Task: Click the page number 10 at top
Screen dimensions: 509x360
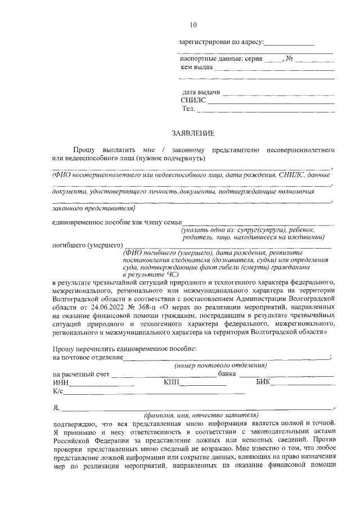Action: pos(193,25)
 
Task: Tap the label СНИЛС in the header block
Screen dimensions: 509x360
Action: pos(193,100)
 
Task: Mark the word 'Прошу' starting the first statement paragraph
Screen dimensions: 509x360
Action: pos(84,150)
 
